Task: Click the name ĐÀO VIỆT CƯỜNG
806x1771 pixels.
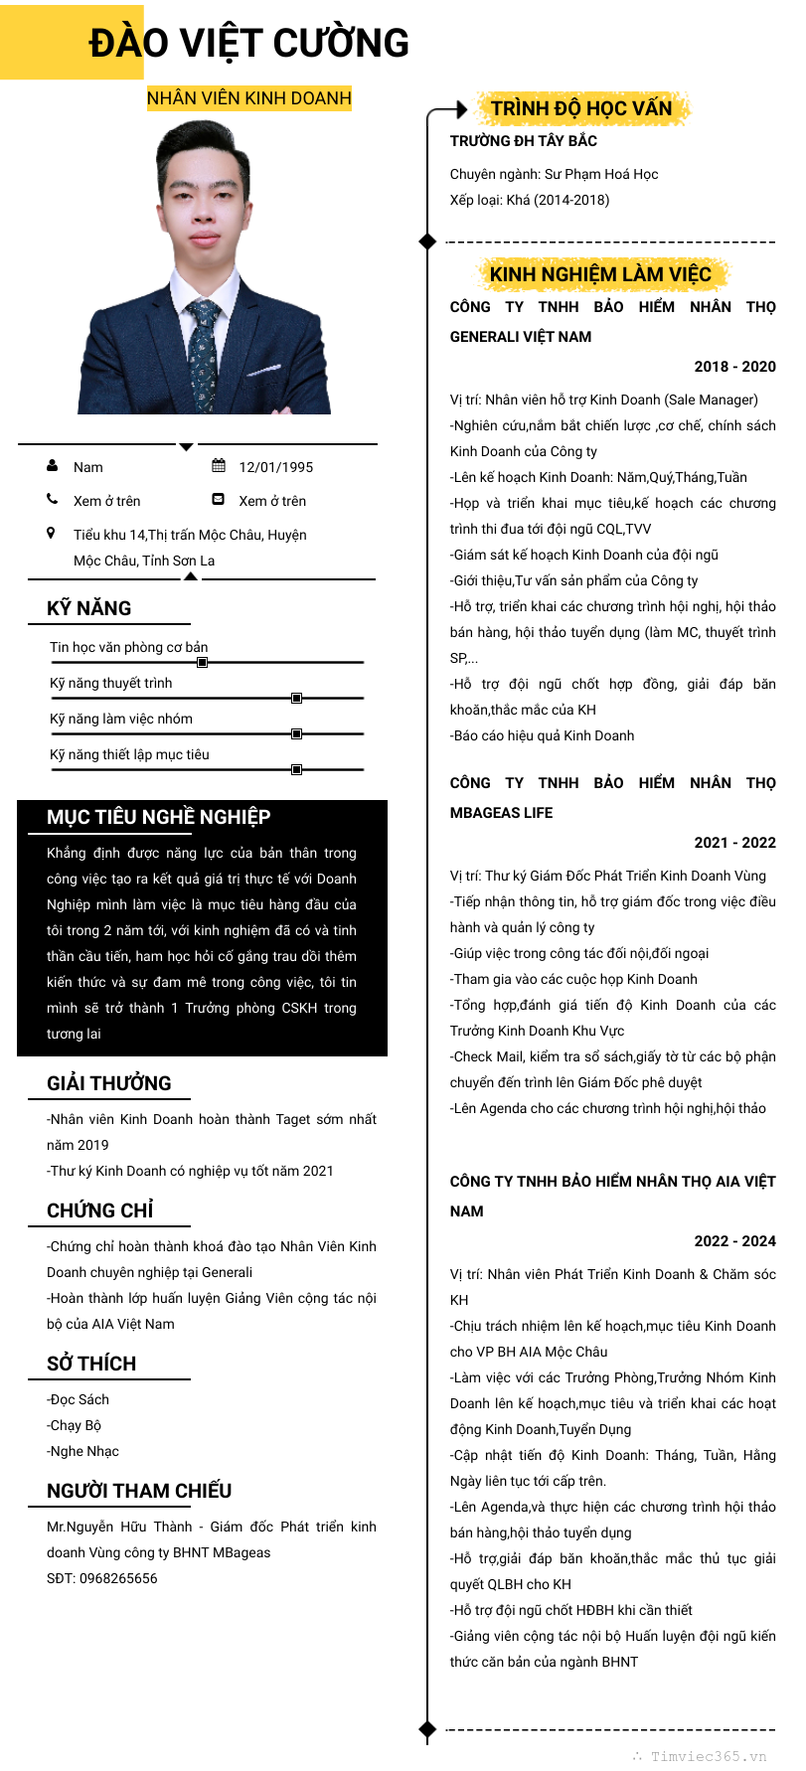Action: (248, 44)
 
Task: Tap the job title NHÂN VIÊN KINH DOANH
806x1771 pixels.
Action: (248, 98)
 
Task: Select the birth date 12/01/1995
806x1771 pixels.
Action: (275, 467)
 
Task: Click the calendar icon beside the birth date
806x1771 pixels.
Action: (219, 466)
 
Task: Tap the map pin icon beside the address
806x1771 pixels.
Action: (52, 534)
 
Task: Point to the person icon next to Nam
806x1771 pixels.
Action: (53, 466)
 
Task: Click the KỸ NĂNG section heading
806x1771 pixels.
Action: (88, 608)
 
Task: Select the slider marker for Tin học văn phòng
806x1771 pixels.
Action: (203, 662)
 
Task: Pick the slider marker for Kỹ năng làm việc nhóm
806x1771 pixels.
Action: (296, 733)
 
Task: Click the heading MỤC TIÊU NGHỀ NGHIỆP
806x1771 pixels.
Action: (158, 817)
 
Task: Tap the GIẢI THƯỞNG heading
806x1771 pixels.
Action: (108, 1083)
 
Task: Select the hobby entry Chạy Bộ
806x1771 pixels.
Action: (76, 1425)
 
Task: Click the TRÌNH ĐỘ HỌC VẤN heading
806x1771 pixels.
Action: (581, 108)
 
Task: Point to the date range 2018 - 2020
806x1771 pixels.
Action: (734, 367)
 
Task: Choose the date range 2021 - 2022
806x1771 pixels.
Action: (734, 843)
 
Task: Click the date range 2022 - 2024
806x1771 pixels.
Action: (734, 1241)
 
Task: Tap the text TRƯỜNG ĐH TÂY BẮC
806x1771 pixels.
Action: (523, 141)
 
